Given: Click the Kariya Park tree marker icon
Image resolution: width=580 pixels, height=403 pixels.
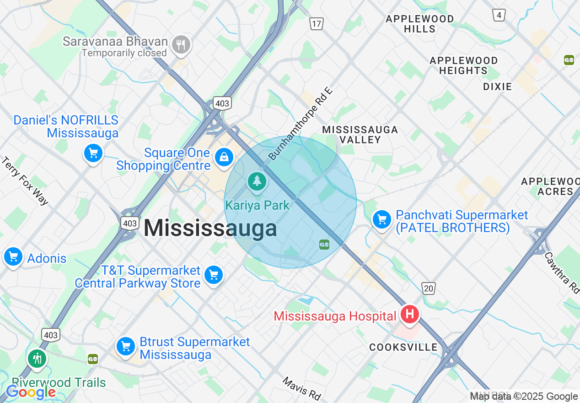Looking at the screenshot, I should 258,181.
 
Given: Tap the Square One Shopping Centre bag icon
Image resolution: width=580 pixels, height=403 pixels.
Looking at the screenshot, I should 224,158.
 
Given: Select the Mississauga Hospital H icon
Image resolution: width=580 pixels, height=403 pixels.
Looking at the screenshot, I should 409,314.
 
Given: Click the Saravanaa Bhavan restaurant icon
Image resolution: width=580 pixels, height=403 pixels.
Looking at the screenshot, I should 182,45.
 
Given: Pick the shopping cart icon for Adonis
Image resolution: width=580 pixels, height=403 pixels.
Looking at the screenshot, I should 13,256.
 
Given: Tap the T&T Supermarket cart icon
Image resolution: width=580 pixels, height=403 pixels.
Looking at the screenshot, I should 213,275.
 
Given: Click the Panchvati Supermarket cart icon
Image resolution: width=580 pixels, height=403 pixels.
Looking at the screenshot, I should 381,220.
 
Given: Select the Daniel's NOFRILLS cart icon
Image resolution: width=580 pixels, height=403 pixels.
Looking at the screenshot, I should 93,153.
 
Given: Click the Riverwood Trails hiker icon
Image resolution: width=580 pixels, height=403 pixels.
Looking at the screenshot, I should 37,359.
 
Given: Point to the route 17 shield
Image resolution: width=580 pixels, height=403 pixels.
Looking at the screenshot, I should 316,23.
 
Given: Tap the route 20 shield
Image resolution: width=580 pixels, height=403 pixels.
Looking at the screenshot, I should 428,288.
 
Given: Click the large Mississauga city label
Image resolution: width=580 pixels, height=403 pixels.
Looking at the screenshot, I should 210,228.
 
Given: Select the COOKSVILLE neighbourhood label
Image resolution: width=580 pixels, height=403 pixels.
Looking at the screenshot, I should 403,347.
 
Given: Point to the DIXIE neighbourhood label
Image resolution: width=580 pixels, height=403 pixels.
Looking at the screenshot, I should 497,86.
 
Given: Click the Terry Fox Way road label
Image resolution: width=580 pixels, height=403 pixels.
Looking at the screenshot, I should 25,181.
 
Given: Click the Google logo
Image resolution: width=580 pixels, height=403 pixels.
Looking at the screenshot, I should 31,392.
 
